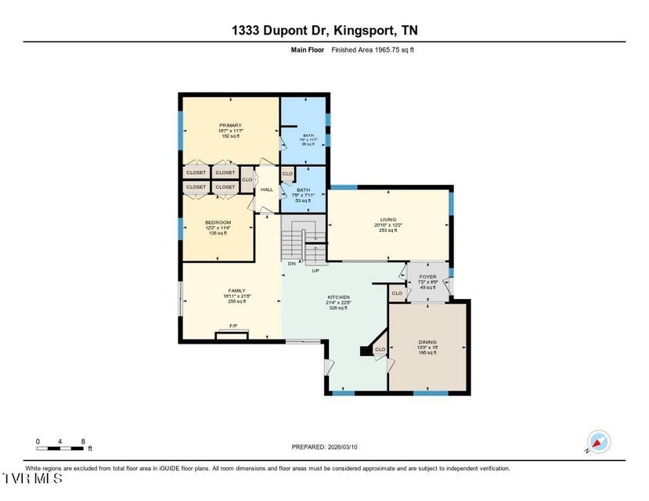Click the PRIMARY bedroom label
click(230, 125)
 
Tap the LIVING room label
click(388, 219)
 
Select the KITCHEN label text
click(338, 297)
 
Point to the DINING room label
click(427, 342)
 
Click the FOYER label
click(427, 276)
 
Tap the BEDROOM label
click(218, 222)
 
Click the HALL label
click(266, 189)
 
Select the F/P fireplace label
click(233, 326)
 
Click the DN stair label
click(291, 264)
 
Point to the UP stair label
click(315, 271)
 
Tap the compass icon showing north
click(598, 442)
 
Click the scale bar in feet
click(59, 448)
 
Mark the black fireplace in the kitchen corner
click(366, 351)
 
